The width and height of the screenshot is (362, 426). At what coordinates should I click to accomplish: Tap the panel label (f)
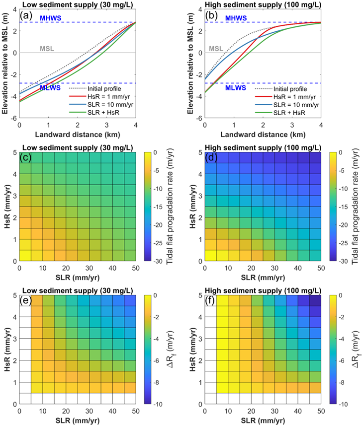(211, 299)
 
